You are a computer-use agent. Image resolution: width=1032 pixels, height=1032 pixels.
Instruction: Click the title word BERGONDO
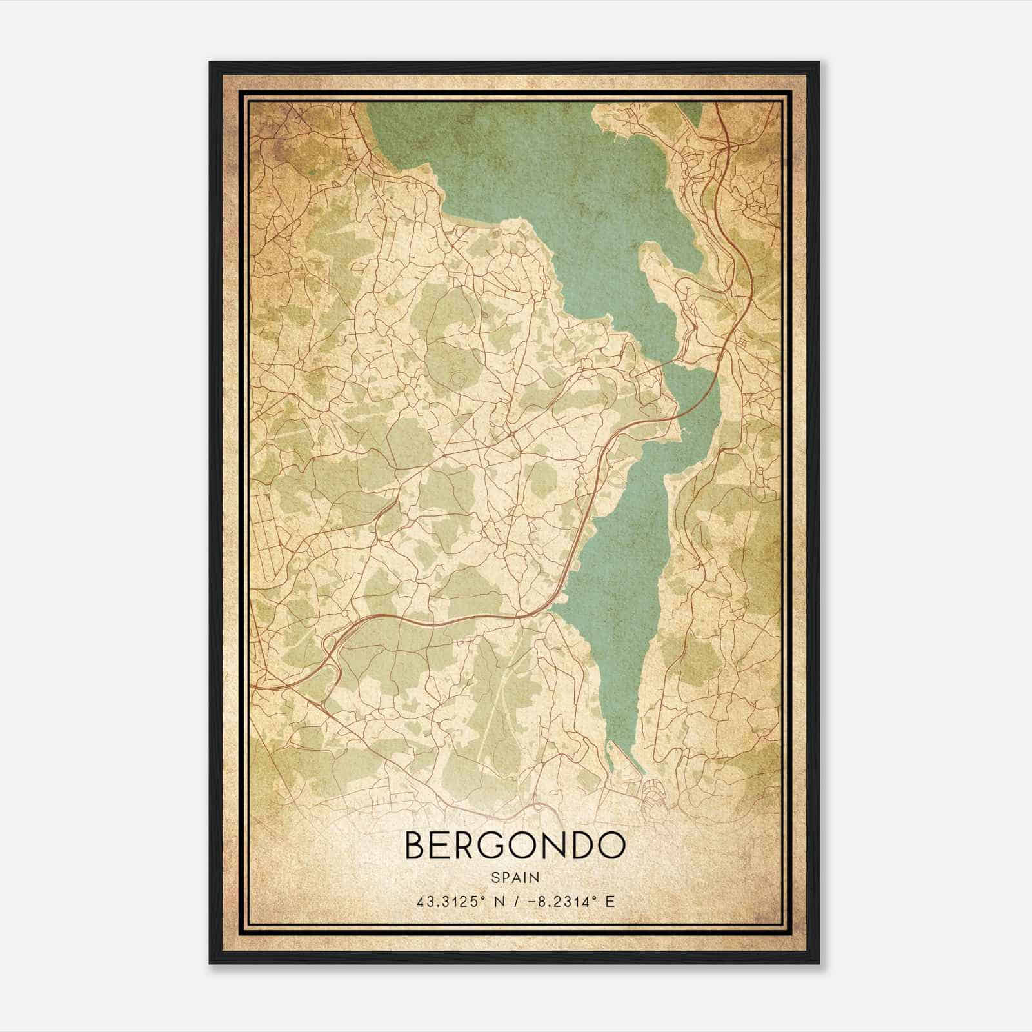pyautogui.click(x=515, y=846)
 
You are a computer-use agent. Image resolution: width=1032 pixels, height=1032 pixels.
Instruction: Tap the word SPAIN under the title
pyautogui.click(x=515, y=878)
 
